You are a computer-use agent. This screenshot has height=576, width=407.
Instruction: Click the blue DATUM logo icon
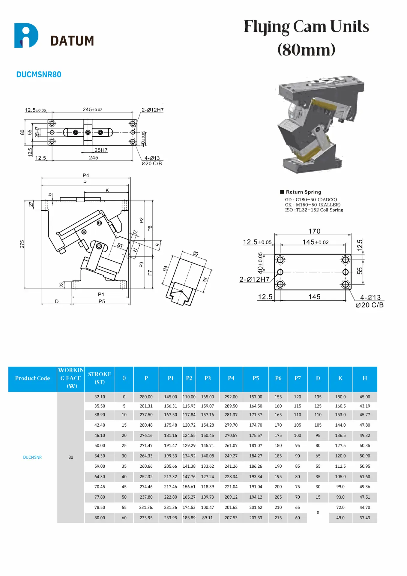click(x=26, y=35)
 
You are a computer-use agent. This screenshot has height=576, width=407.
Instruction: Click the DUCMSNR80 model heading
click(x=39, y=74)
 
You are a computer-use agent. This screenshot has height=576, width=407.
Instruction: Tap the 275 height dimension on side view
click(x=22, y=244)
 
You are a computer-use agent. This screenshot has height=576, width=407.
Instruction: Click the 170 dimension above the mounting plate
click(x=314, y=231)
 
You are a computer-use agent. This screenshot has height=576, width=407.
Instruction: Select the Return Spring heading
click(x=303, y=192)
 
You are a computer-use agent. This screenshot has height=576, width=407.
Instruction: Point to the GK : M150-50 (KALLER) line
click(x=313, y=205)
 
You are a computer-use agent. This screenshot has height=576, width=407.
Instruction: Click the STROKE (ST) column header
click(x=100, y=378)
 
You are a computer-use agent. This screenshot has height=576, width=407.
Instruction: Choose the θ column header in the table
click(x=124, y=378)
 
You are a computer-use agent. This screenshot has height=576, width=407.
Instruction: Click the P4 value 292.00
click(x=231, y=397)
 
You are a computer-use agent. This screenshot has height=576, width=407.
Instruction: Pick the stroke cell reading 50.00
click(x=100, y=445)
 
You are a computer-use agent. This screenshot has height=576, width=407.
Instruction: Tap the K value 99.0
click(x=340, y=487)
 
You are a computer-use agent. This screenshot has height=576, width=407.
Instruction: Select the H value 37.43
click(x=364, y=518)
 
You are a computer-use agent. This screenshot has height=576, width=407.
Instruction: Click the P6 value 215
click(x=278, y=518)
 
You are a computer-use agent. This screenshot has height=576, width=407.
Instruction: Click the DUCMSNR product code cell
click(x=32, y=457)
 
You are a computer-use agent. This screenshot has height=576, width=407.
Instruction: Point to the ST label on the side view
click(x=120, y=245)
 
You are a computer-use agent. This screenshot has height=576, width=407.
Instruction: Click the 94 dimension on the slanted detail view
click(x=165, y=268)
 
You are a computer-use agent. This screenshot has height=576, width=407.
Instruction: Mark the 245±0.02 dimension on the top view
click(x=92, y=109)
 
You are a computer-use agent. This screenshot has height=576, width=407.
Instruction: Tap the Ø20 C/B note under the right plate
click(x=369, y=305)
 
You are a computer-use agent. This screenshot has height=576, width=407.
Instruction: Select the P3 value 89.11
click(x=207, y=518)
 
